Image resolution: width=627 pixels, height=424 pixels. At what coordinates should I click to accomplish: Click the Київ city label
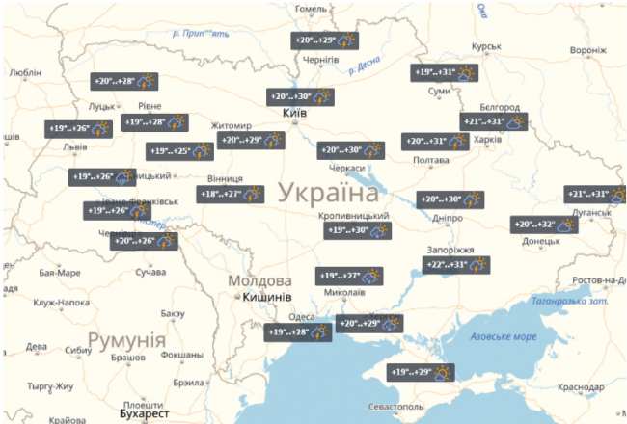tap(293, 114)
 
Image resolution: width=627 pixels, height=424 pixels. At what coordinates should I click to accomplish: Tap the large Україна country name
tap(328, 193)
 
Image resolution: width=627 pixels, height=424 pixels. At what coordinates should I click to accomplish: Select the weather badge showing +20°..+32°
tap(544, 225)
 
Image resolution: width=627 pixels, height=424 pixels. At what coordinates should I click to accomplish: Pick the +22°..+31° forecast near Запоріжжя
tap(456, 264)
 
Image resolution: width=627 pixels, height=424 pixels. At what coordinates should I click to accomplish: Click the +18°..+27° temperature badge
tap(231, 194)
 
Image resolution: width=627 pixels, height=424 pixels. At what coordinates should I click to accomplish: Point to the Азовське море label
tap(503, 337)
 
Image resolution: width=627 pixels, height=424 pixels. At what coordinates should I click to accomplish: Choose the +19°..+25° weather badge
tap(180, 151)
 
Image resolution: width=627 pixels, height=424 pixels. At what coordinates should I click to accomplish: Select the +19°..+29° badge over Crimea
tap(422, 371)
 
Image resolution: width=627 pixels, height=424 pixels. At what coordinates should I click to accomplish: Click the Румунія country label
tap(126, 340)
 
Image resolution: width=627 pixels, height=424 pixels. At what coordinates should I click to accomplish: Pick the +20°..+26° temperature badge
tap(144, 241)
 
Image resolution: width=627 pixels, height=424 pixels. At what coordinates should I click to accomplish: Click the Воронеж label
tap(587, 50)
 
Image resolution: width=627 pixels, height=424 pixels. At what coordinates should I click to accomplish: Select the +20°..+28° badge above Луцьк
tap(124, 81)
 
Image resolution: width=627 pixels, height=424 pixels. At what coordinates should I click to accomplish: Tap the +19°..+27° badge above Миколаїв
tap(351, 276)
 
